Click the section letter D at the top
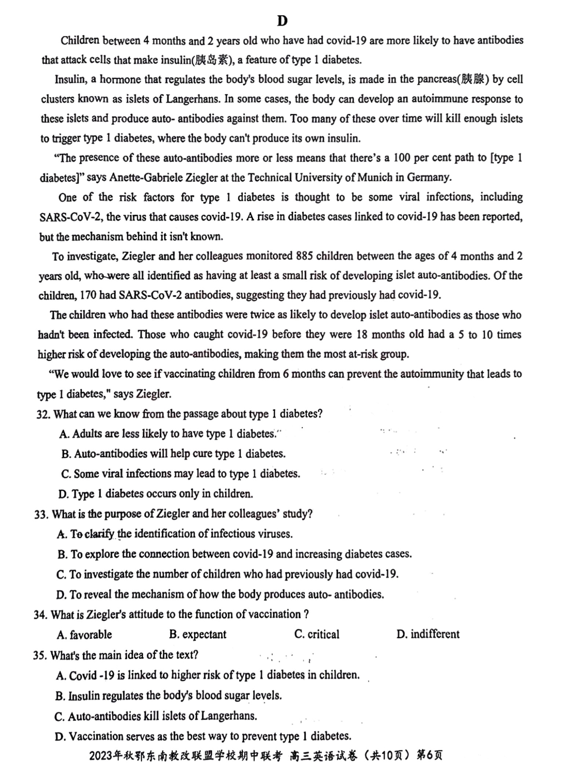coord(282,21)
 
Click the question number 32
coord(43,414)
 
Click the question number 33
coord(41,514)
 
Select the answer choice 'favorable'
coord(85,635)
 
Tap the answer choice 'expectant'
coord(198,635)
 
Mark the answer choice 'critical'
coord(317,634)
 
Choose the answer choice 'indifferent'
coord(428,634)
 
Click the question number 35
coord(40,655)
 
